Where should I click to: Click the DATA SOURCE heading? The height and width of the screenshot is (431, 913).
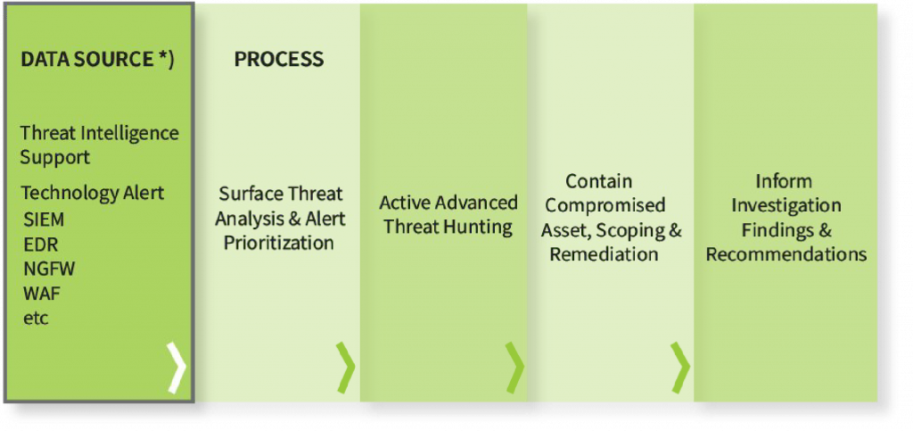click(x=97, y=60)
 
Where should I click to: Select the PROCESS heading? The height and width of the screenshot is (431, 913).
click(x=279, y=59)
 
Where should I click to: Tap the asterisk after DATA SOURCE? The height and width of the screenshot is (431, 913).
click(x=163, y=57)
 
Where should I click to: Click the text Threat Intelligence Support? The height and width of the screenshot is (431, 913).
click(x=100, y=145)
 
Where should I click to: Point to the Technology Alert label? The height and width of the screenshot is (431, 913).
click(x=93, y=193)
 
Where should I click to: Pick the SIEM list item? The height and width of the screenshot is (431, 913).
click(x=44, y=220)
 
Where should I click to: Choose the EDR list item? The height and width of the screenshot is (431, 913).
click(x=41, y=245)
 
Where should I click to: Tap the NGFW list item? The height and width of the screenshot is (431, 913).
click(x=50, y=269)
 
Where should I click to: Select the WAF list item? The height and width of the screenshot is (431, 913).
click(x=42, y=294)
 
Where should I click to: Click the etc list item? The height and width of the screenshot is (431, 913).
click(x=36, y=319)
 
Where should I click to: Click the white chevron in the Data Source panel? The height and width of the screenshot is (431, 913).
click(x=177, y=368)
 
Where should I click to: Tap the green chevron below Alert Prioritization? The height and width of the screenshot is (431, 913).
click(x=345, y=368)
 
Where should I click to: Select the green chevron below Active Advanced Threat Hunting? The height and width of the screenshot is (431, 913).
click(x=514, y=368)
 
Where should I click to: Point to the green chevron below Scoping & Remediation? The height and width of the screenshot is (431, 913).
click(x=680, y=368)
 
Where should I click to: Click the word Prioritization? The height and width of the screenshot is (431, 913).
click(x=279, y=243)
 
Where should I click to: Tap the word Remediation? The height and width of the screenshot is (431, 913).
click(x=605, y=254)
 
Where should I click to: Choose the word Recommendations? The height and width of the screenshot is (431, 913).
click(x=786, y=254)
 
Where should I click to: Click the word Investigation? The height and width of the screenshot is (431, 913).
click(x=786, y=206)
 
